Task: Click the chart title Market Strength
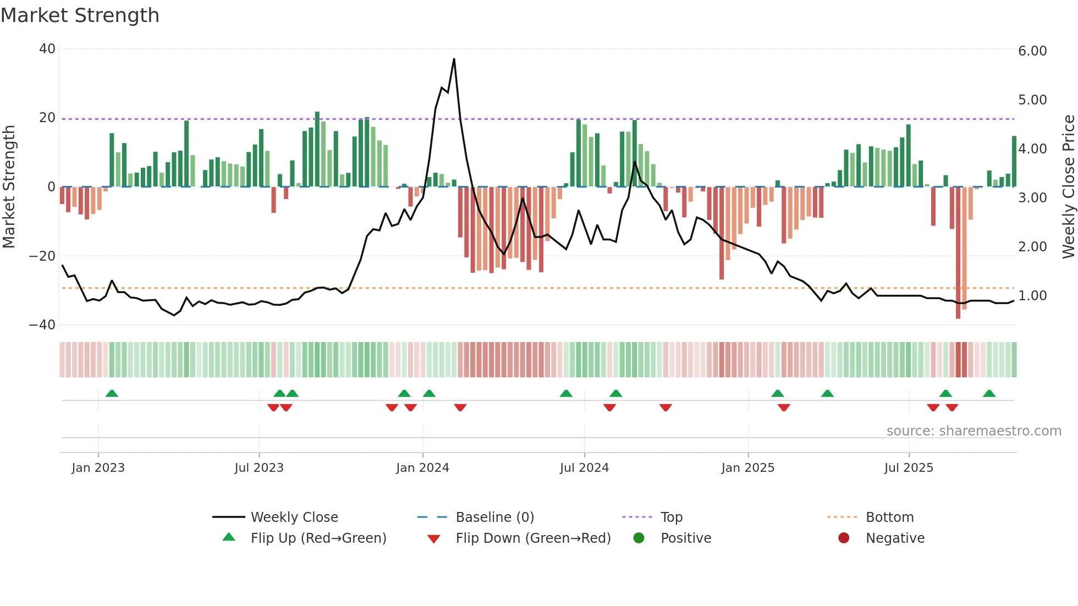(x=80, y=15)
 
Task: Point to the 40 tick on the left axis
(x=47, y=49)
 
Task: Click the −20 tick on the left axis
(x=42, y=256)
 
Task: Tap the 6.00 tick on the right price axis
(x=1032, y=51)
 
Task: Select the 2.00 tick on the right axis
(x=1032, y=247)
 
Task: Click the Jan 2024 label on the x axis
(x=422, y=468)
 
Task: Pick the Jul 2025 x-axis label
(x=909, y=468)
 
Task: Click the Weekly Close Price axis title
(x=1068, y=187)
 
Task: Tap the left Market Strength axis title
(x=9, y=187)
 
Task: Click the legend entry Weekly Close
(x=294, y=517)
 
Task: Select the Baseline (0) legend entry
(x=494, y=517)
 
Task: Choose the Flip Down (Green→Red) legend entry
(x=533, y=538)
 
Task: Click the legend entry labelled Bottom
(x=889, y=517)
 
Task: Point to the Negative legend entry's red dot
(x=844, y=538)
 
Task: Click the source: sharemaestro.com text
(x=974, y=431)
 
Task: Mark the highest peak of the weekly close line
(x=454, y=59)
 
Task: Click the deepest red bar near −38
(x=958, y=253)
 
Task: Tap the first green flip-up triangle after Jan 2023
(x=112, y=394)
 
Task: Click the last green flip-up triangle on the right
(x=989, y=394)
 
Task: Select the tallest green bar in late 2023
(x=317, y=149)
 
